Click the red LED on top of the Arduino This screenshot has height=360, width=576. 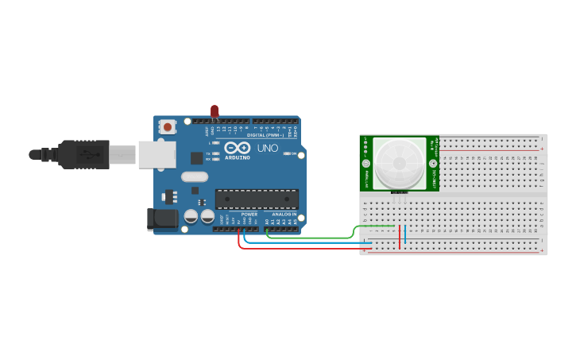(215, 110)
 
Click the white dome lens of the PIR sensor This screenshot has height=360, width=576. (400, 164)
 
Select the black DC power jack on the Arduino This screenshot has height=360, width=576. (164, 219)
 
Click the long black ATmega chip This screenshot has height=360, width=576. (257, 199)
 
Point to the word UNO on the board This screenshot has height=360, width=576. (268, 148)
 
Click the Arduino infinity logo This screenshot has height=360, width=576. (237, 147)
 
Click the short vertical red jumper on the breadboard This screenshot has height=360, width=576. (400, 237)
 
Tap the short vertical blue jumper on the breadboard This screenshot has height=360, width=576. (405, 235)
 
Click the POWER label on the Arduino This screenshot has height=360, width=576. (249, 214)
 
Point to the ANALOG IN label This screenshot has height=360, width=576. (284, 214)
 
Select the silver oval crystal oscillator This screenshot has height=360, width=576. (194, 176)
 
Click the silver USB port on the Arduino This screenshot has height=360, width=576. (157, 154)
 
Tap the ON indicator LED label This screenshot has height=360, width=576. (294, 153)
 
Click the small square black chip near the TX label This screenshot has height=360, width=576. (196, 157)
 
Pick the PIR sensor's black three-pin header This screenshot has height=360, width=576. (399, 192)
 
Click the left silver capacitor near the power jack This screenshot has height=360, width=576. (191, 216)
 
